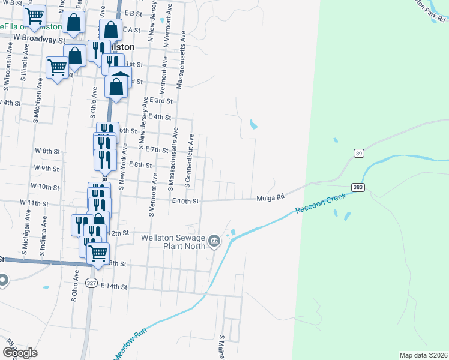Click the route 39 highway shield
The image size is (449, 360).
[x=359, y=154]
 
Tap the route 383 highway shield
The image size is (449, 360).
[x=358, y=188]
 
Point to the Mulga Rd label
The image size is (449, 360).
[x=269, y=197]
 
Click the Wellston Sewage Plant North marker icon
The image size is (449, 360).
[x=215, y=242]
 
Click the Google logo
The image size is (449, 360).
[x=20, y=353]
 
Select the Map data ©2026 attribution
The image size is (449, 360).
[x=423, y=355]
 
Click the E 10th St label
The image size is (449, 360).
[x=185, y=201]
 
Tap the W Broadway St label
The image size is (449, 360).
[x=38, y=40]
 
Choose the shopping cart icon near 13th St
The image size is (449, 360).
[x=98, y=253]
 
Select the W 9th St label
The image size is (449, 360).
[x=46, y=168]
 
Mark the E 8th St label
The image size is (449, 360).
[x=139, y=164]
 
